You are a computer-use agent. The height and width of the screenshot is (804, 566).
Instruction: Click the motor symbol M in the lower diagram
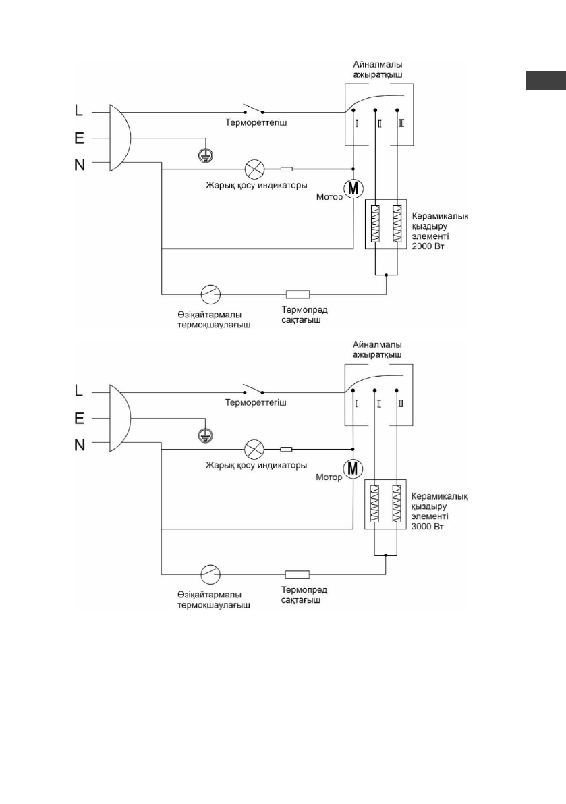coord(353,467)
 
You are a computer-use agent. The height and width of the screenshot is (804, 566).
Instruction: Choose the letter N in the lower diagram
coord(79,445)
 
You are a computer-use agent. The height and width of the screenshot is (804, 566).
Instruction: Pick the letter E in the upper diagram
coord(79,138)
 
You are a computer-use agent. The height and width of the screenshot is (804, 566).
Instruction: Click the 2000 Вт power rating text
coord(427,247)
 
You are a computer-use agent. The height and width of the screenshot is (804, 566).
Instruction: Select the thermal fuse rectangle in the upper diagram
coord(298,294)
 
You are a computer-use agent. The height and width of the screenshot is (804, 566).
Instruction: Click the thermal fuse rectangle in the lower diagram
coord(298,574)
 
